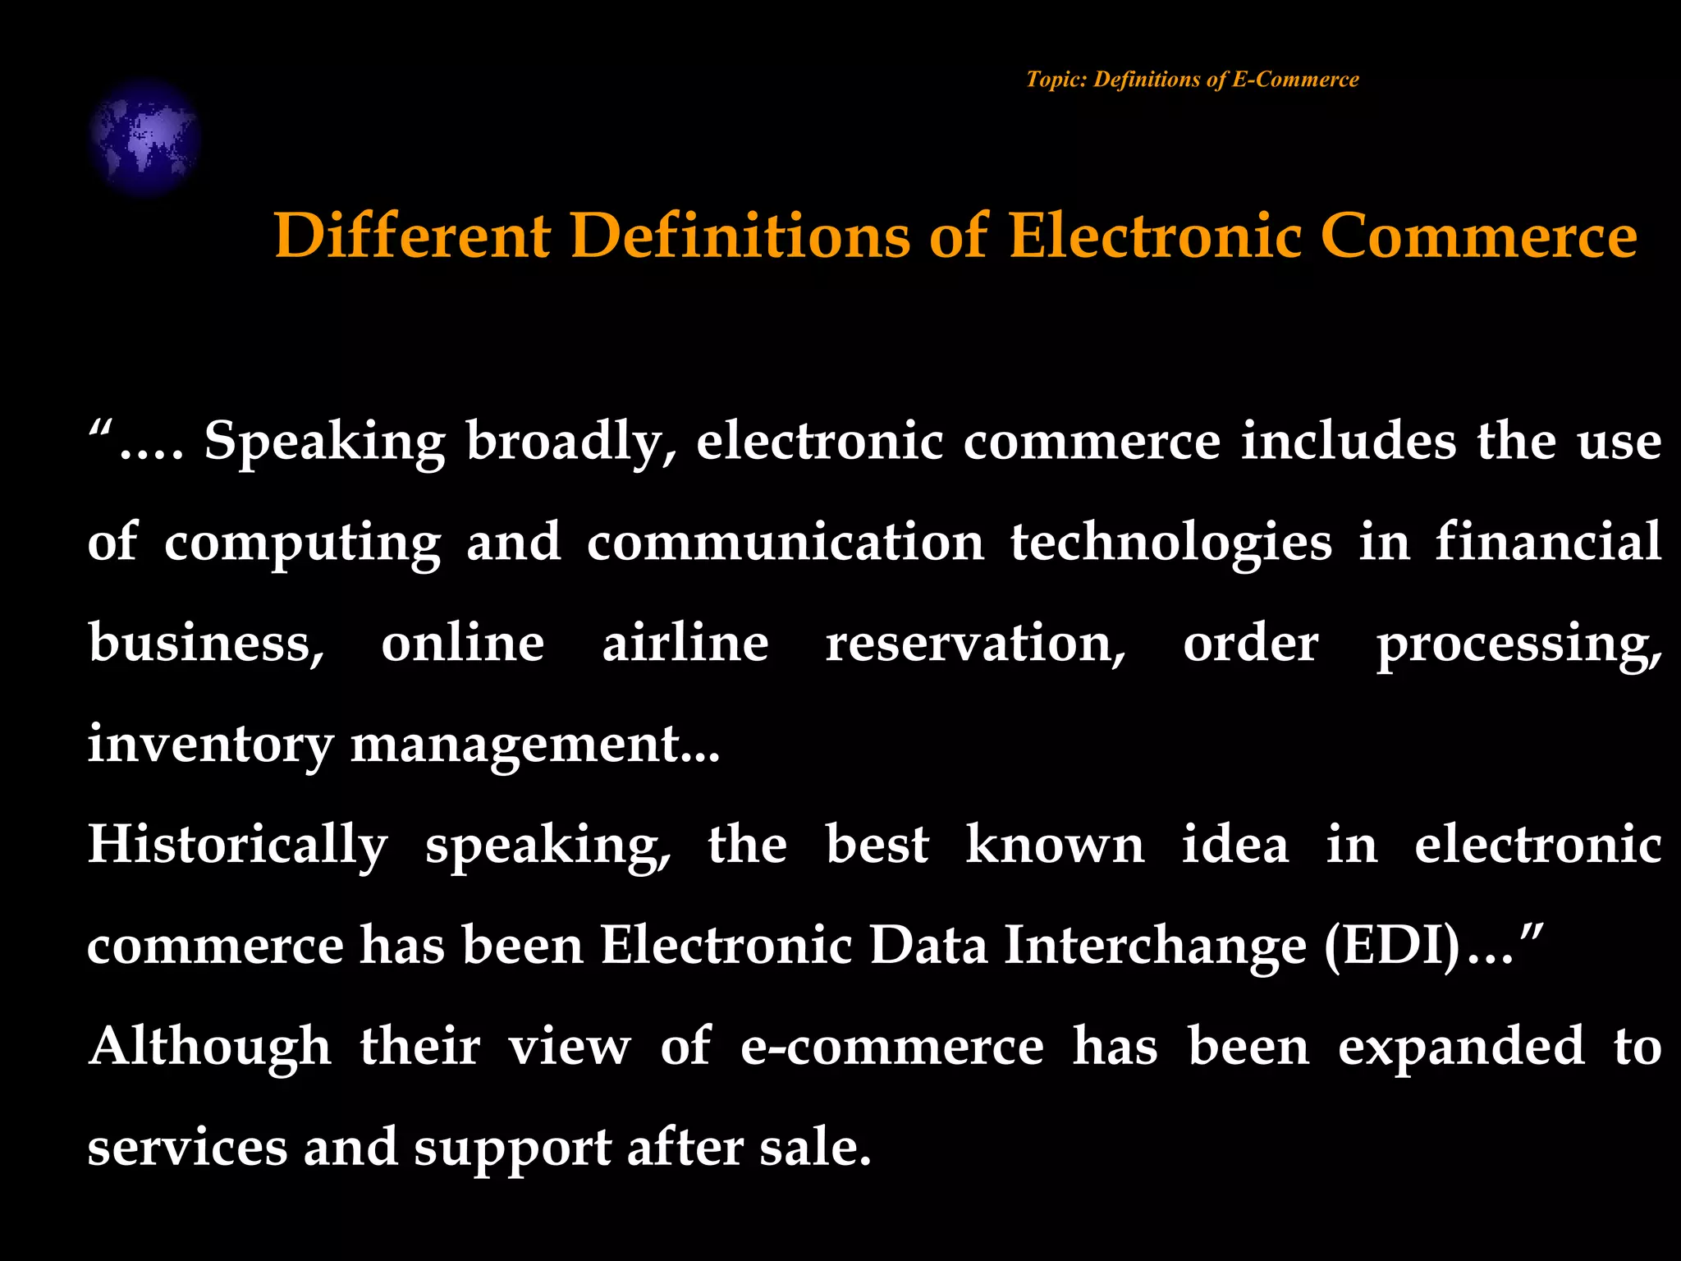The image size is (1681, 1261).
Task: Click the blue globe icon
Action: click(144, 137)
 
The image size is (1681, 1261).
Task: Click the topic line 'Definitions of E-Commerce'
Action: click(1192, 80)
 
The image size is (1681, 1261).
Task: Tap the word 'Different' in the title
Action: click(412, 236)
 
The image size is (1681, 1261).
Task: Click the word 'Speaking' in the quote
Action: click(324, 442)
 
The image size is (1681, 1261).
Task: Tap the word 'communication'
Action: click(786, 543)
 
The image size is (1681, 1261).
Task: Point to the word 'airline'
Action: click(685, 643)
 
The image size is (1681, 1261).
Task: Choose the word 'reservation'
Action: click(975, 643)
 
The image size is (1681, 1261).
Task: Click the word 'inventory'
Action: click(210, 745)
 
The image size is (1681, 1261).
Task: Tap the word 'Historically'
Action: click(237, 846)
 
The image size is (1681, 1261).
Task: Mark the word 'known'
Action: click(1055, 845)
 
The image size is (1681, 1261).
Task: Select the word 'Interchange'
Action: click(1155, 947)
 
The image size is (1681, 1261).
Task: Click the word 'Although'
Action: click(210, 1048)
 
